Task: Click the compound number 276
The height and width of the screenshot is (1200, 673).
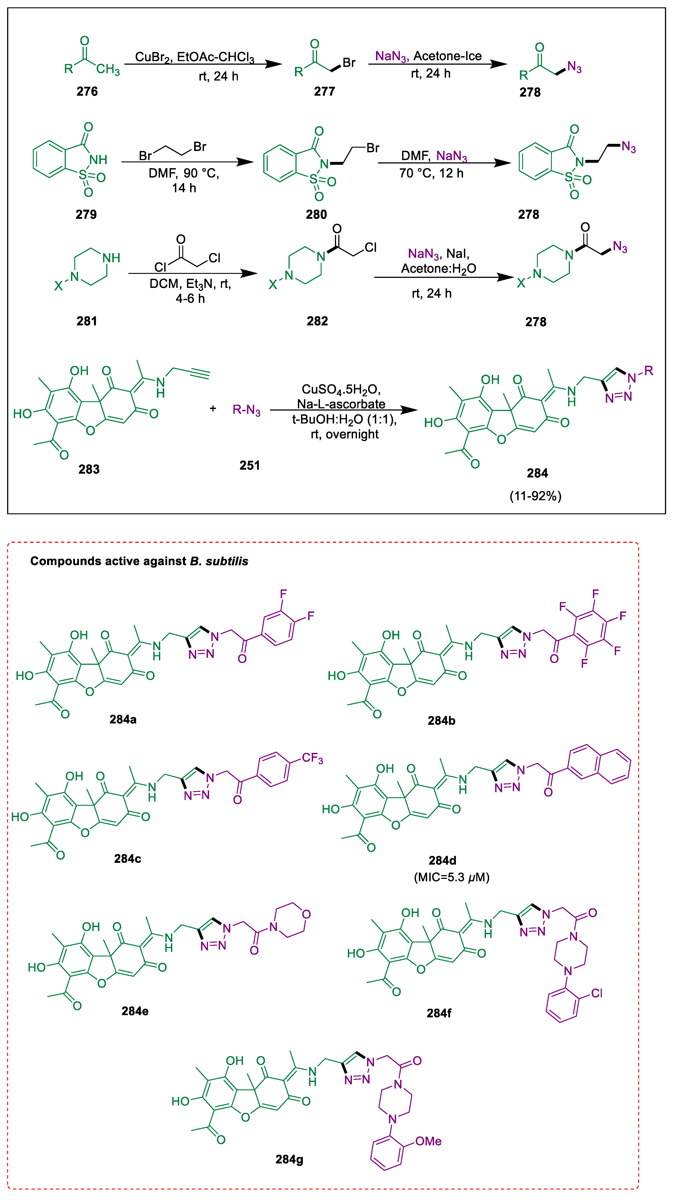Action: point(87,91)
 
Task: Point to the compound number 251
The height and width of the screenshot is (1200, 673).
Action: point(250,465)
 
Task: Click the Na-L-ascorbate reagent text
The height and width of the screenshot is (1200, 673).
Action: point(341,404)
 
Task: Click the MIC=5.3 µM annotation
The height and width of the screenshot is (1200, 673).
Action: point(451,877)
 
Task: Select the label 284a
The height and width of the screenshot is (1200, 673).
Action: point(123,719)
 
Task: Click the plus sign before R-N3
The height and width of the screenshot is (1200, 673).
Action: point(213,409)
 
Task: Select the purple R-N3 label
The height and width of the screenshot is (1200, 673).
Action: point(247,410)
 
